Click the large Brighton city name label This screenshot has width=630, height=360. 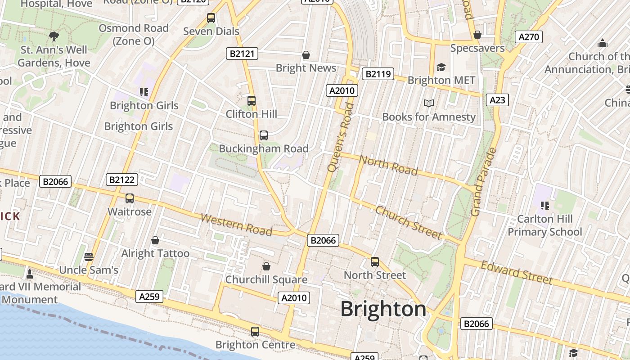tap(383, 309)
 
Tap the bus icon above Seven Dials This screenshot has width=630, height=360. tap(211, 18)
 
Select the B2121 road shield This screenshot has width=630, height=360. tap(242, 54)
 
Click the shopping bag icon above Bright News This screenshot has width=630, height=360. tap(306, 55)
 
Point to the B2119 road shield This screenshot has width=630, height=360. tap(378, 74)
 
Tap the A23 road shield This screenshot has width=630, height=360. tap(497, 100)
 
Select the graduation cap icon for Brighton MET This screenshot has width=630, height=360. tap(441, 67)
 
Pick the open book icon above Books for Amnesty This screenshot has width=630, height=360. tap(429, 103)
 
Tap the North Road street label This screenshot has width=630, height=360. tap(389, 166)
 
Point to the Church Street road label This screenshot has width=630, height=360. tap(409, 223)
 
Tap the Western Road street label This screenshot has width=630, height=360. tap(236, 225)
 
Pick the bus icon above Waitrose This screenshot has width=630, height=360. tap(130, 198)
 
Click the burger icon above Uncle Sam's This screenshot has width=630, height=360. tap(89, 257)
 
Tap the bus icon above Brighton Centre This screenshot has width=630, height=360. tap(255, 332)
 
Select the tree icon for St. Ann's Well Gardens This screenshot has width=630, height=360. tap(54, 36)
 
